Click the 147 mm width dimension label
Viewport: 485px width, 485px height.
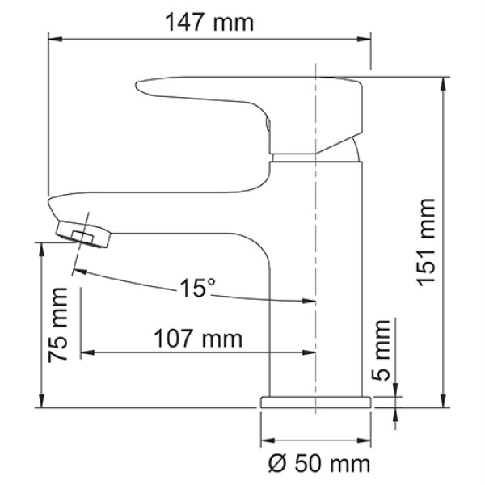(x=209, y=22)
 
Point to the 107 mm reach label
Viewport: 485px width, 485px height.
(x=198, y=339)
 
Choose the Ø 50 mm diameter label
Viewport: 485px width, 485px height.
(x=318, y=463)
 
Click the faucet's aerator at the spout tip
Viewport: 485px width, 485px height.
(x=85, y=235)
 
